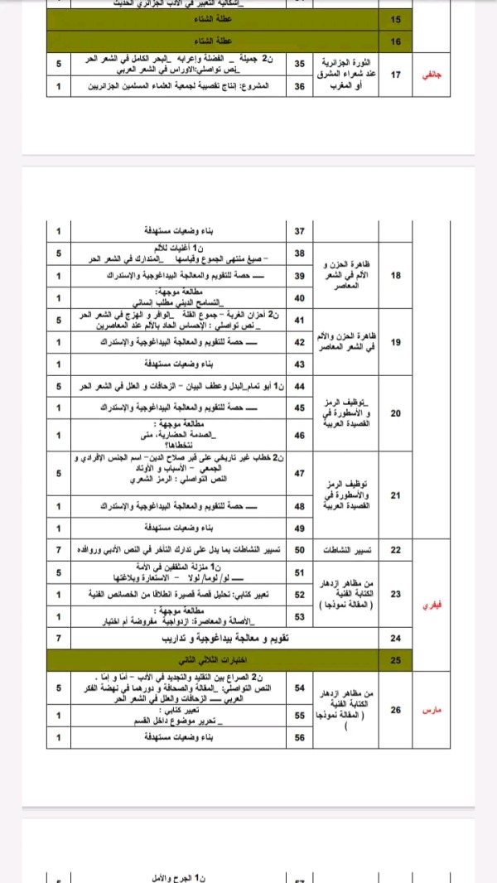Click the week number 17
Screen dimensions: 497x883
pyautogui.click(x=395, y=75)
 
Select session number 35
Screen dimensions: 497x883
pyautogui.click(x=300, y=64)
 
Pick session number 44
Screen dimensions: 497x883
pyautogui.click(x=300, y=387)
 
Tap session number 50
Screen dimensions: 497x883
pyautogui.click(x=300, y=550)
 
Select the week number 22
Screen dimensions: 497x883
pyautogui.click(x=395, y=550)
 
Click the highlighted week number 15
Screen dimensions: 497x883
pyautogui.click(x=395, y=19)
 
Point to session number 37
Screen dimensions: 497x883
pyautogui.click(x=300, y=229)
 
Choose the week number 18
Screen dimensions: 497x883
pyautogui.click(x=395, y=275)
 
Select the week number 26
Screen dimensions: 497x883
pyautogui.click(x=395, y=711)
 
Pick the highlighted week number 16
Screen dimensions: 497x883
pyautogui.click(x=395, y=41)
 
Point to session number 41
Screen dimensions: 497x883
pyautogui.click(x=300, y=320)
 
